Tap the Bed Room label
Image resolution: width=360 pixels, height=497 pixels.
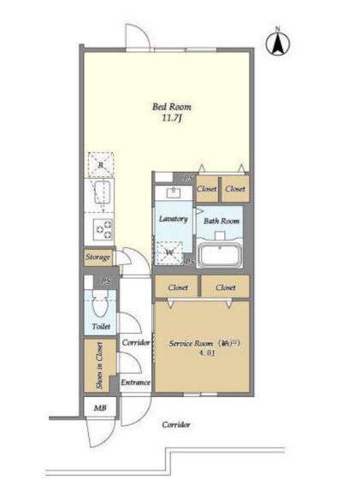pyautogui.click(x=172, y=106)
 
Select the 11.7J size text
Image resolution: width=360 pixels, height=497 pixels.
pyautogui.click(x=172, y=119)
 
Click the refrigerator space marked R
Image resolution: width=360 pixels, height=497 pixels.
pyautogui.click(x=101, y=164)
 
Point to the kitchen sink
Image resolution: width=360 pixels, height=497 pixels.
pyautogui.click(x=103, y=192)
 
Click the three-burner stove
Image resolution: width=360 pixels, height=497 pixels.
pyautogui.click(x=103, y=229)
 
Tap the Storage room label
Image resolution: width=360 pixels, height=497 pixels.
pyautogui.click(x=98, y=257)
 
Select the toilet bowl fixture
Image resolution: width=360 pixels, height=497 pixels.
pyautogui.click(x=100, y=305)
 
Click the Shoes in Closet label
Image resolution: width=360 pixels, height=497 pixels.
pyautogui.click(x=99, y=365)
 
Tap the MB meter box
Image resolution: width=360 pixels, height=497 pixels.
pyautogui.click(x=100, y=408)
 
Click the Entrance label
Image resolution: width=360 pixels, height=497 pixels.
pyautogui.click(x=136, y=382)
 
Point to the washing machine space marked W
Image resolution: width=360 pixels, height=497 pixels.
pyautogui.click(x=169, y=252)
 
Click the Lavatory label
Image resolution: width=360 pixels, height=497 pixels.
pyautogui.click(x=174, y=219)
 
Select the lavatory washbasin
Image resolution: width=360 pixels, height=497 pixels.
pyautogui.click(x=174, y=192)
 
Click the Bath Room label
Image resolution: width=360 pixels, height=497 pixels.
pyautogui.click(x=221, y=221)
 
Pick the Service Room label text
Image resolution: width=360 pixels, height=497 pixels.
pyautogui.click(x=204, y=344)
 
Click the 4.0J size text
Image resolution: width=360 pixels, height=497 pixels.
pyautogui.click(x=207, y=353)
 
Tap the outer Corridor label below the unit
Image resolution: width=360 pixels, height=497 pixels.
pyautogui.click(x=176, y=424)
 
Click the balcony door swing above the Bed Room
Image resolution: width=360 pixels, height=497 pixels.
pyautogui.click(x=138, y=36)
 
